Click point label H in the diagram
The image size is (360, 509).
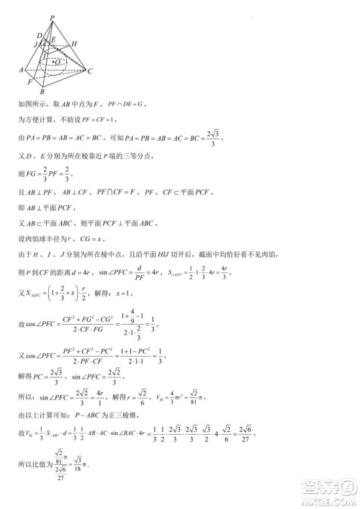pyautogui.click(x=73, y=43)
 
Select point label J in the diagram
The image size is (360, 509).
pyautogui.click(x=35, y=45)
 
